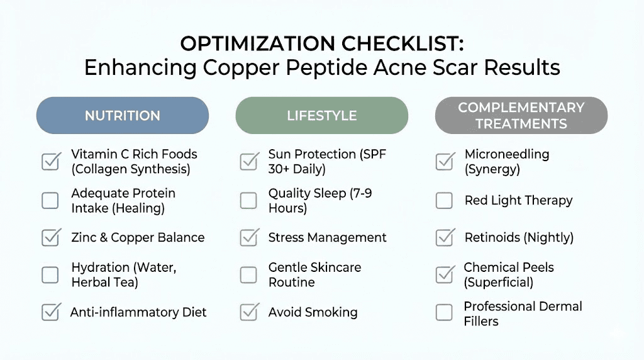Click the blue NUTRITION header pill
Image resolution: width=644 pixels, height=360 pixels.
pyautogui.click(x=122, y=116)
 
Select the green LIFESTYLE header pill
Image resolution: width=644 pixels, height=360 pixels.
pyautogui.click(x=321, y=116)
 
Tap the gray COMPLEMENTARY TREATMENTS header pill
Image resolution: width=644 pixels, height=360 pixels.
pyautogui.click(x=521, y=116)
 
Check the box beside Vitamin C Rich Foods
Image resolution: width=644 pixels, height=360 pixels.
pyautogui.click(x=50, y=161)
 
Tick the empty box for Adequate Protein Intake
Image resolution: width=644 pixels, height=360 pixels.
pyautogui.click(x=50, y=200)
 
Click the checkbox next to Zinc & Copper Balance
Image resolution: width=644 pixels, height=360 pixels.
pyautogui.click(x=50, y=237)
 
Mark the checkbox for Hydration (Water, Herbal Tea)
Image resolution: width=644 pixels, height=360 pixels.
pyautogui.click(x=50, y=274)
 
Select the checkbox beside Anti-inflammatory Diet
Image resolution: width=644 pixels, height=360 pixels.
pyautogui.click(x=50, y=312)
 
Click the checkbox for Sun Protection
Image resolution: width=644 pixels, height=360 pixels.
pyautogui.click(x=249, y=161)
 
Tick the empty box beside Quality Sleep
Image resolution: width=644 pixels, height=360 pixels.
pyautogui.click(x=249, y=200)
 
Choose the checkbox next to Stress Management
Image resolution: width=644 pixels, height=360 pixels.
pyautogui.click(x=249, y=237)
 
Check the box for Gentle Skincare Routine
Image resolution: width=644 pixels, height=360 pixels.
pyautogui.click(x=249, y=274)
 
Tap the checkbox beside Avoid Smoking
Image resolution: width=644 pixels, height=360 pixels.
pyautogui.click(x=249, y=312)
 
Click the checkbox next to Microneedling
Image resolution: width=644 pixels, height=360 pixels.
pyautogui.click(x=445, y=161)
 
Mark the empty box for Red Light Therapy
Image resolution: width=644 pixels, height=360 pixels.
pyautogui.click(x=445, y=200)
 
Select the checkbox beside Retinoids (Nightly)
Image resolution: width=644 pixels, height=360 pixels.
pyautogui.click(x=445, y=237)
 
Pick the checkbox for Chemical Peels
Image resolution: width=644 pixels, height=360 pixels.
pyautogui.click(x=445, y=274)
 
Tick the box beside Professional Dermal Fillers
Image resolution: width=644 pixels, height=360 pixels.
pyautogui.click(x=445, y=312)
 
